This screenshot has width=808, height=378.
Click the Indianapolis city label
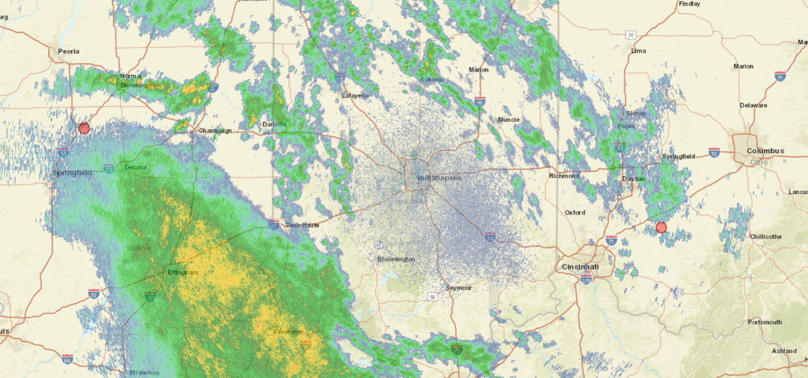[440, 178]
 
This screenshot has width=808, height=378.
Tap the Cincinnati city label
[580, 267]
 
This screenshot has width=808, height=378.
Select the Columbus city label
[765, 151]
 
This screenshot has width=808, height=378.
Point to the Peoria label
[68, 51]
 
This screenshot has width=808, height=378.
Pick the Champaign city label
[215, 130]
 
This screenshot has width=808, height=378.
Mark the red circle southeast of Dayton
[661, 228]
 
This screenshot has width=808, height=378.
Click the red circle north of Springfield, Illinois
[84, 128]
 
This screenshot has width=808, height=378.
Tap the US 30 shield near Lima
[631, 35]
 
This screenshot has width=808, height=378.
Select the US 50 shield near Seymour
[432, 298]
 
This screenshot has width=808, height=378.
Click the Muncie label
[509, 119]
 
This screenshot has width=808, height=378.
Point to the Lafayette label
[356, 96]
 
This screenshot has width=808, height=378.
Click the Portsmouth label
[765, 322]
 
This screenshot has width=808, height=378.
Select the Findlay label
[690, 4]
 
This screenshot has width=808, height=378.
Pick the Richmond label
[564, 176]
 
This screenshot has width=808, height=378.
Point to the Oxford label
[575, 212]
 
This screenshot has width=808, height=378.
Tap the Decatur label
[136, 167]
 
